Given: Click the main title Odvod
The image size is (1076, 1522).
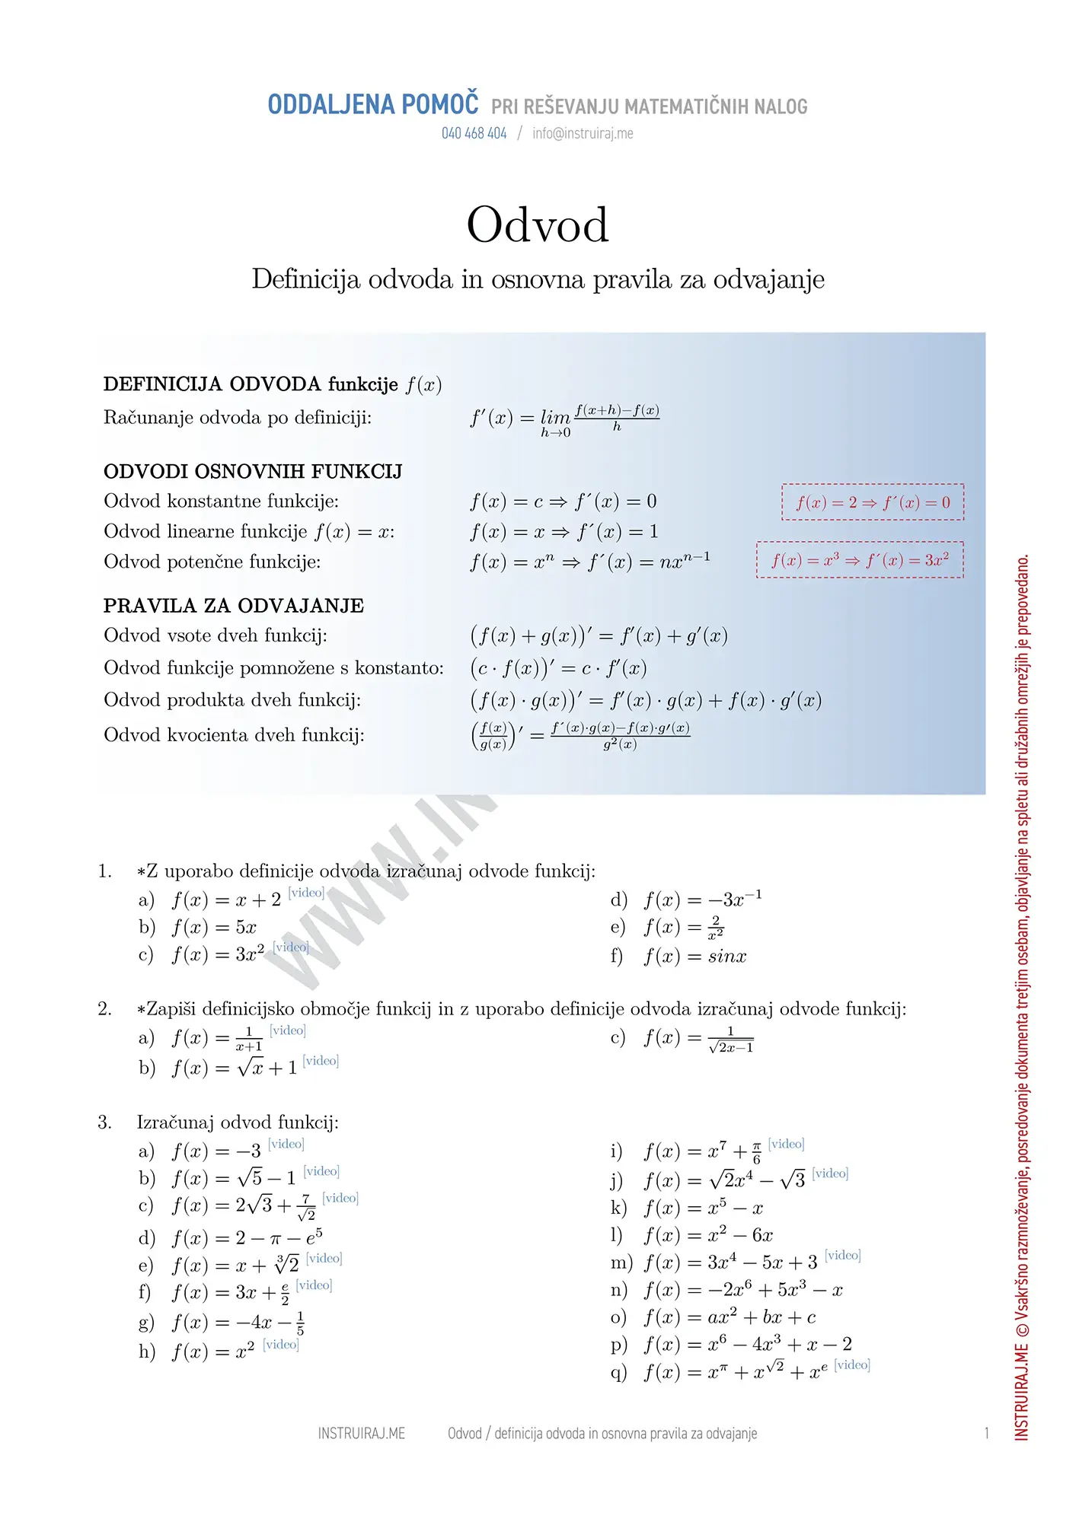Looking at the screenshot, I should click(538, 225).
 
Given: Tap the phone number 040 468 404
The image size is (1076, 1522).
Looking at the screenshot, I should click(474, 134).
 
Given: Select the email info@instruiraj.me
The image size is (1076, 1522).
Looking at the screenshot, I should click(583, 134).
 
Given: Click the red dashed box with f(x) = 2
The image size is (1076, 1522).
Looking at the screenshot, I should click(873, 502).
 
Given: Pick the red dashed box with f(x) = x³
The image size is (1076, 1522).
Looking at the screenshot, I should click(860, 560).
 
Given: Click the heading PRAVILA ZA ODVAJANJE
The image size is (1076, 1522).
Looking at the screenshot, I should click(234, 606).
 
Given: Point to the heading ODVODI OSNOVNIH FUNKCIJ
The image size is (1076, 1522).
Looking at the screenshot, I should click(253, 472).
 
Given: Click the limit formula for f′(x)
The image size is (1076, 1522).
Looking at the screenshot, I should click(564, 419).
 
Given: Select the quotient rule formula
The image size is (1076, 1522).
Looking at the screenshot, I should click(581, 735).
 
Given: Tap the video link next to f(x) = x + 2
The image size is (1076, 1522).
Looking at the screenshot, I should click(306, 893).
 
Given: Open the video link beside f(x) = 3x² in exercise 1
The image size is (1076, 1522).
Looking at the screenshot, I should click(291, 947).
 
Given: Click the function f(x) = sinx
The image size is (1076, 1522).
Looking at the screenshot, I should click(694, 957).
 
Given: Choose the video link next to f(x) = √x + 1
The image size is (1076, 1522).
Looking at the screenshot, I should click(321, 1061).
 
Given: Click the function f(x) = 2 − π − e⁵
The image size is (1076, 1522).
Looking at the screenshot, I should click(247, 1238).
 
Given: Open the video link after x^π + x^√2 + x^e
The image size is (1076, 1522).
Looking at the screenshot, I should click(852, 1365).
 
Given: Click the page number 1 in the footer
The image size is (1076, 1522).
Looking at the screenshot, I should click(987, 1434).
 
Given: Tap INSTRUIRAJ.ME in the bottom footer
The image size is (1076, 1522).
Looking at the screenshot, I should click(361, 1434).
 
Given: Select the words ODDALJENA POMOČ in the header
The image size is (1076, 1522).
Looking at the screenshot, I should click(373, 104).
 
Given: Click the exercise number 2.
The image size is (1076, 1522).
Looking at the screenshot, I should click(104, 1009).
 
